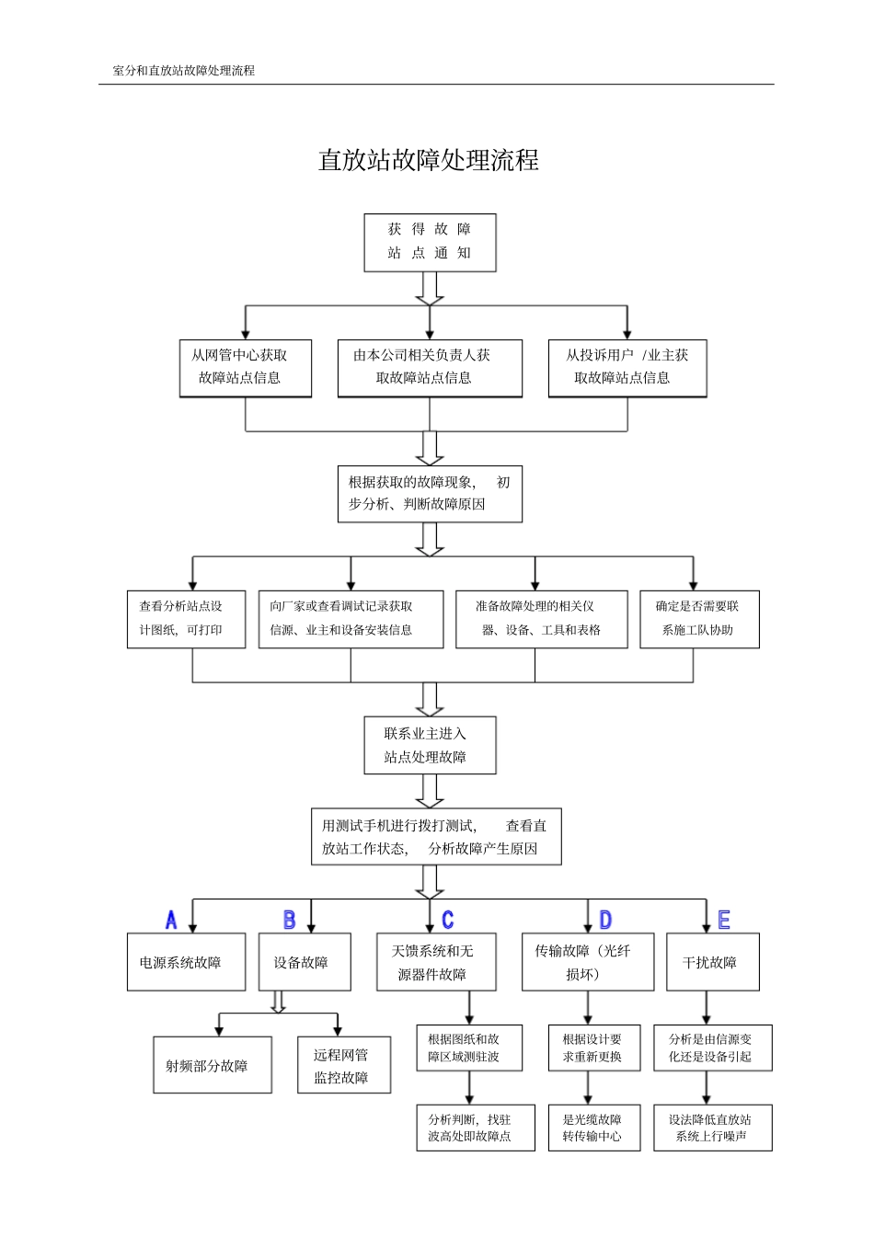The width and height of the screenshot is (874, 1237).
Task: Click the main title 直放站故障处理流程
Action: [x=429, y=161]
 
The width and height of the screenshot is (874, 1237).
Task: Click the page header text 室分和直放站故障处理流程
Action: [x=183, y=70]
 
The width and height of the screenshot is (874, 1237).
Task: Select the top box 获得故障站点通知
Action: [x=430, y=242]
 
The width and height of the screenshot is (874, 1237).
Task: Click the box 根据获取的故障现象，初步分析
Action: [x=430, y=494]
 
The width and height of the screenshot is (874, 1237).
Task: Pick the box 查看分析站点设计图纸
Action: [x=186, y=619]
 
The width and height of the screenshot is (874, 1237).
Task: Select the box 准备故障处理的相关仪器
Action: [x=541, y=619]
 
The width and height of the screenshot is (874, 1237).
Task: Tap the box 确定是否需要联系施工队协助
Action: [x=699, y=619]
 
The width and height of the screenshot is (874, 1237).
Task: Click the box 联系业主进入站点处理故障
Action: [x=430, y=745]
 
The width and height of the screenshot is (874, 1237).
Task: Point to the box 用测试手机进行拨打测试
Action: [x=436, y=837]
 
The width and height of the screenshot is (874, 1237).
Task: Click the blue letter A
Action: [x=171, y=920]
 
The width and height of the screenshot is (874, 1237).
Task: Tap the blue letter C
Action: [x=448, y=920]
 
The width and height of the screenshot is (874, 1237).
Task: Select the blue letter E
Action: [x=724, y=920]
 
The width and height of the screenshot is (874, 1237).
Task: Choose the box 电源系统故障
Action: [x=186, y=962]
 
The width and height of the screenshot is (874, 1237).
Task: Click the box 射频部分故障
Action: [x=212, y=1065]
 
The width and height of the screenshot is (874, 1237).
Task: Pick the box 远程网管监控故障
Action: [x=344, y=1065]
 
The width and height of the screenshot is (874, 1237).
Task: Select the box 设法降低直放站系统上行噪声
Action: [x=713, y=1128]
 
